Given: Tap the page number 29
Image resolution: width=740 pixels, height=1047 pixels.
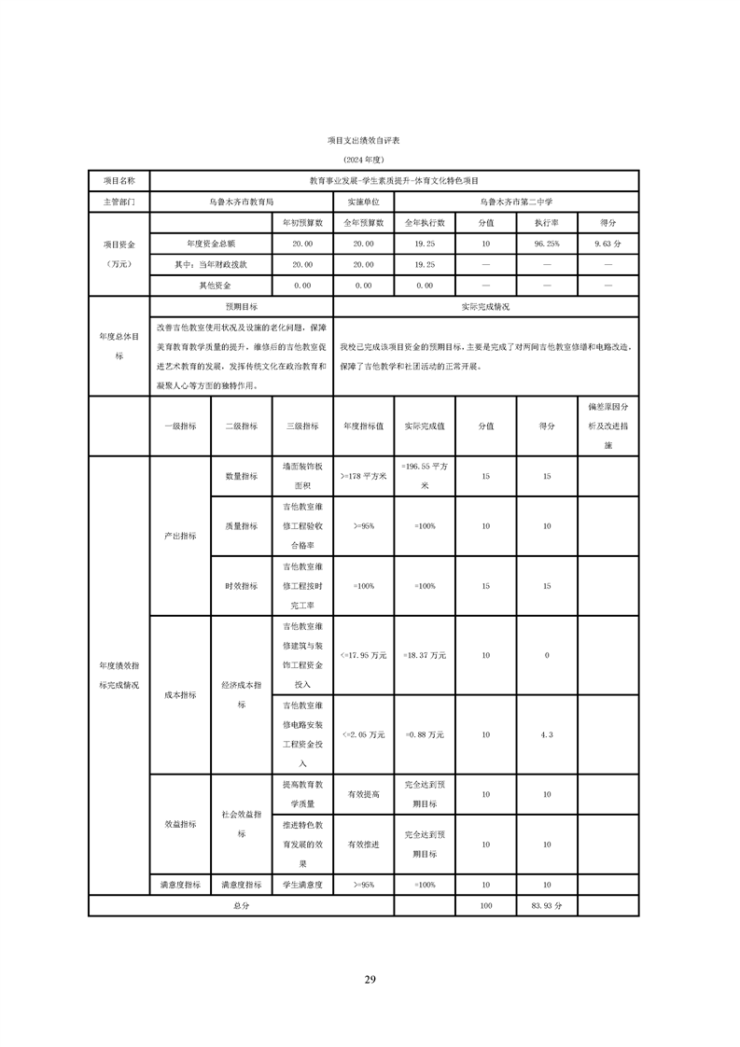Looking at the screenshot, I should click(370, 979).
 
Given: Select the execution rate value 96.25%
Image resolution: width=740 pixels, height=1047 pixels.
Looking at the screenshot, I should click(546, 244).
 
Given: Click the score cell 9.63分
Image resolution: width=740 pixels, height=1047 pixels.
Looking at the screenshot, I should click(607, 244).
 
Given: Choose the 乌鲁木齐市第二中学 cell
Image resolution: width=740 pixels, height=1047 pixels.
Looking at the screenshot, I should click(516, 201).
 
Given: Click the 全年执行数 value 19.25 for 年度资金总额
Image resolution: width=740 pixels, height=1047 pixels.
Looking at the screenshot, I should click(425, 244).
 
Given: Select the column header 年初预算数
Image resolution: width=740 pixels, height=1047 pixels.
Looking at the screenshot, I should click(302, 223).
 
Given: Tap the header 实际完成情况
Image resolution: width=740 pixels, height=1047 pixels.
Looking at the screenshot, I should click(485, 306).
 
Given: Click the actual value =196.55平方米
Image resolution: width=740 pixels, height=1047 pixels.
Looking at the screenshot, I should click(425, 477).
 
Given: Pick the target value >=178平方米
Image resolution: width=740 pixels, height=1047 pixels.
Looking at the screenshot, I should click(364, 477).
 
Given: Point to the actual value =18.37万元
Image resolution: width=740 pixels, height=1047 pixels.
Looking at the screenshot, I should click(425, 655).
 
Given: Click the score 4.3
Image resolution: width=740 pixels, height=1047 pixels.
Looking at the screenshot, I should click(546, 734).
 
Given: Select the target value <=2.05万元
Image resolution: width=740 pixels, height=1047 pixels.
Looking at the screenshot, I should click(364, 734).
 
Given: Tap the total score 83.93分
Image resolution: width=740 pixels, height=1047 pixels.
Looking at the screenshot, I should click(546, 905).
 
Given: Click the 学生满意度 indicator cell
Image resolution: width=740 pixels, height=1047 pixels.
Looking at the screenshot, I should click(302, 884).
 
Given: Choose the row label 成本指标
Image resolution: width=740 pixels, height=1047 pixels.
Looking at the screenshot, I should click(180, 694).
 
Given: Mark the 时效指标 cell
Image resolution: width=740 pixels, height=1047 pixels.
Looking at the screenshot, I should click(241, 586).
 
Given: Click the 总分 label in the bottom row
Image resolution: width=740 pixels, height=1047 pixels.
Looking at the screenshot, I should click(241, 905).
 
